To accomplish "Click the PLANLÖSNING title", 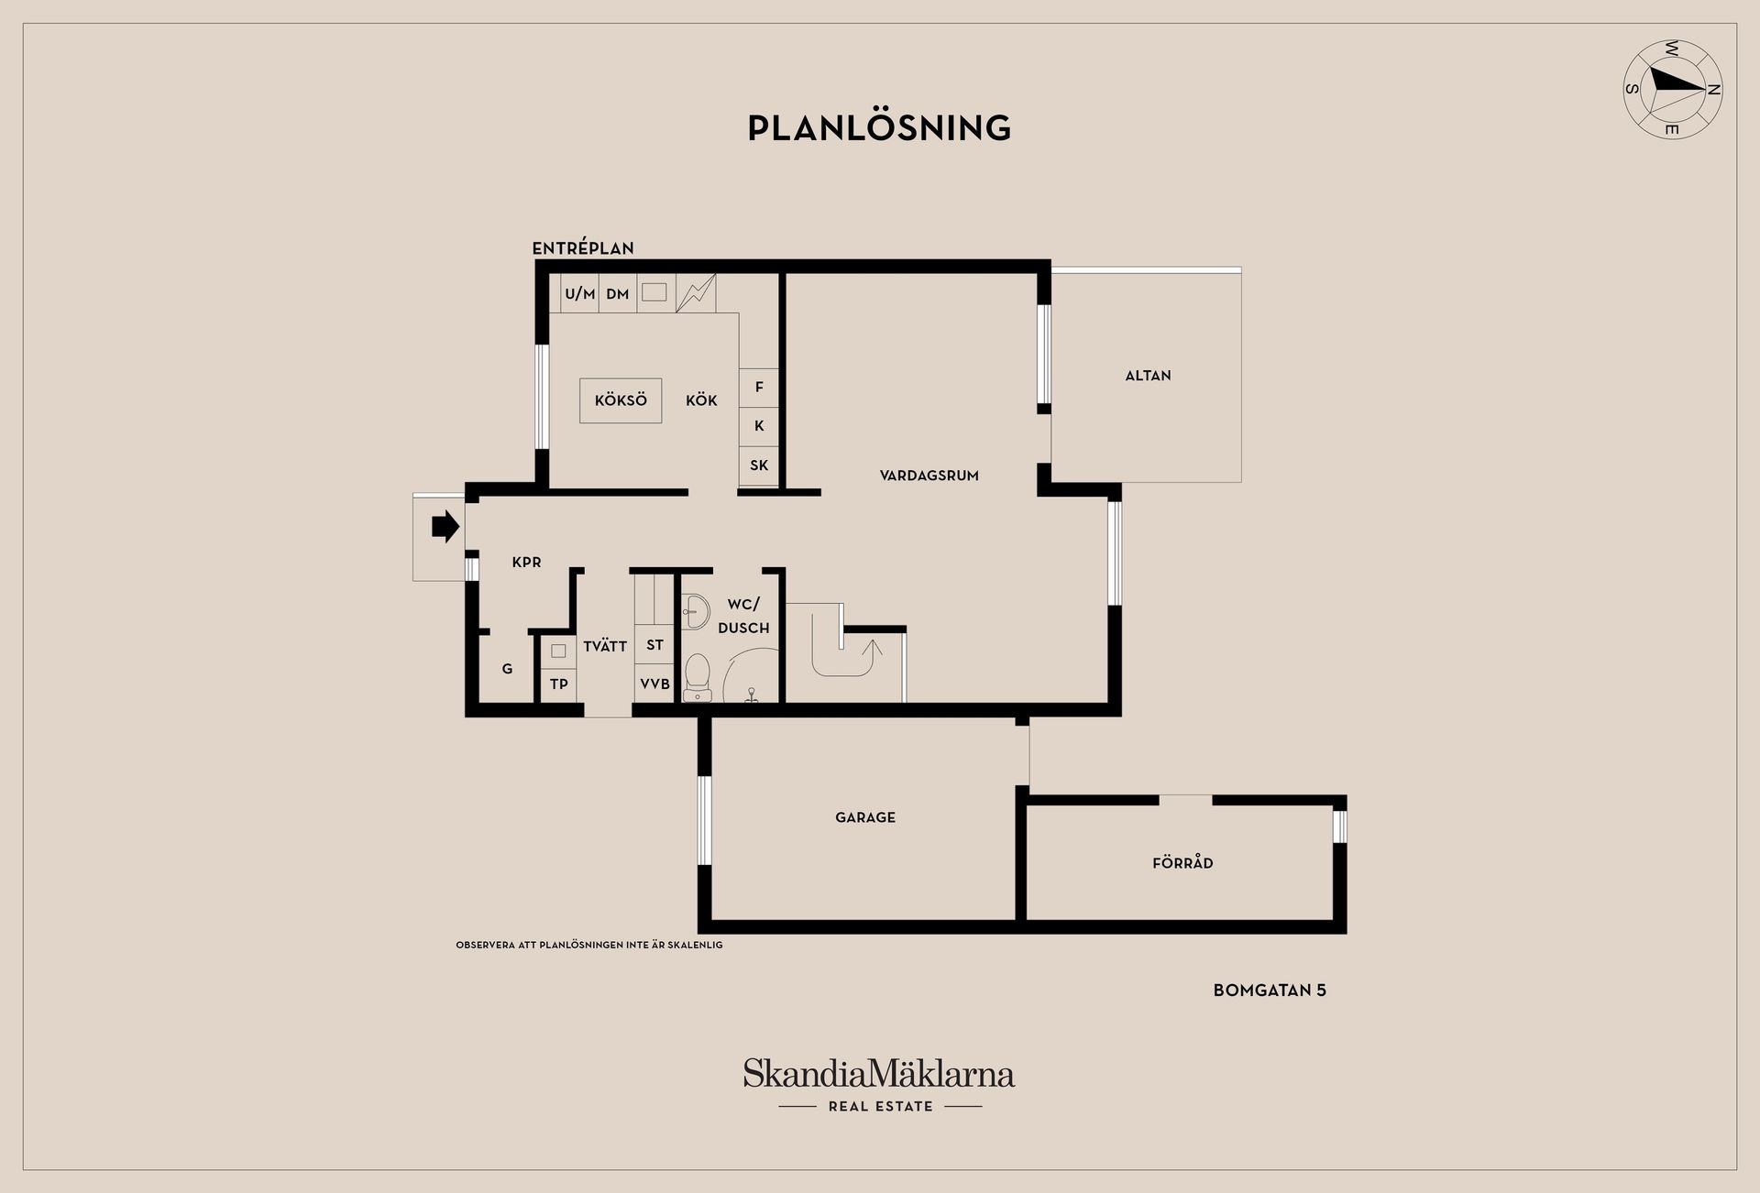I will point(879,128).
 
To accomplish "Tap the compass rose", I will point(1672,89).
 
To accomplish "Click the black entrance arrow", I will point(445,527).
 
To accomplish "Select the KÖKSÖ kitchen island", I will point(621,400).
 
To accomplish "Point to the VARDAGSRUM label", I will point(929,476).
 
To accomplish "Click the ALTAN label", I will point(1148,376).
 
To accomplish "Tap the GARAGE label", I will point(864,817).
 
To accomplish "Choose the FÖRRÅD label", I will point(1182,863).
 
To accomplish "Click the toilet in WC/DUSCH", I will point(698,677).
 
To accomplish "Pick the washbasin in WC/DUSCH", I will point(695,610).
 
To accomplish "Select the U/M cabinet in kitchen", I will point(579,294).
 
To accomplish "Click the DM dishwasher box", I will point(618,294).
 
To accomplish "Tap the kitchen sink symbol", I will point(654,292).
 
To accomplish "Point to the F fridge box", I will point(759,388).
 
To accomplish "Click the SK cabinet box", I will point(759,465).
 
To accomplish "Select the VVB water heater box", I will point(654,684).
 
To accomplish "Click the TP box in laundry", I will point(558,684).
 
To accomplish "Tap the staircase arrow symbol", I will point(867,654).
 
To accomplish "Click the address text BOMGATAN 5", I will point(1269,991).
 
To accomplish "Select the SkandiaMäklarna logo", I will point(879,1074).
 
